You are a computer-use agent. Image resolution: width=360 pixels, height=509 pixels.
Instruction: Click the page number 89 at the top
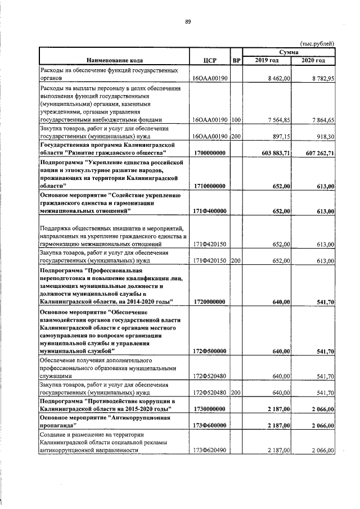(188, 22)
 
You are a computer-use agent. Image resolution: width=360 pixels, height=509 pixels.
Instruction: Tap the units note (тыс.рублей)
(317, 43)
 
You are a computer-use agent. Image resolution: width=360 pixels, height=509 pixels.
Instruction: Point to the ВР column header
(236, 60)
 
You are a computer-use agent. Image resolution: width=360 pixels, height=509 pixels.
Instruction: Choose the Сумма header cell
(289, 52)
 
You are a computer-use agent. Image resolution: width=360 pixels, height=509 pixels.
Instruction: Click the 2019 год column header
(267, 60)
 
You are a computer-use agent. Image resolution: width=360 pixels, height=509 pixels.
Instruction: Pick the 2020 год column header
(313, 60)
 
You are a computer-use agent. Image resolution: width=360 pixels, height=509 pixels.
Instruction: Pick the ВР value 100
(236, 120)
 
